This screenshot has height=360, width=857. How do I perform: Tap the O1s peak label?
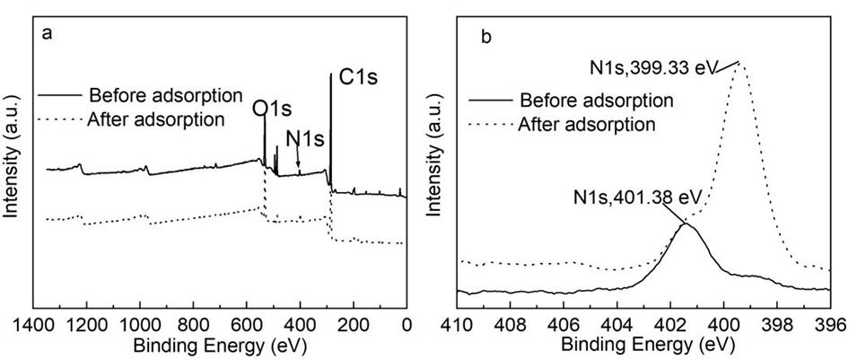(272, 109)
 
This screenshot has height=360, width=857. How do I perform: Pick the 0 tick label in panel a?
(406, 324)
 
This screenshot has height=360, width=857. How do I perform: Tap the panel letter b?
(485, 37)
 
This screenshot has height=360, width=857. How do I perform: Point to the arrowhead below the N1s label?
(299, 164)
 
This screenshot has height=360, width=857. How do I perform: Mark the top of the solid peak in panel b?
(686, 224)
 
